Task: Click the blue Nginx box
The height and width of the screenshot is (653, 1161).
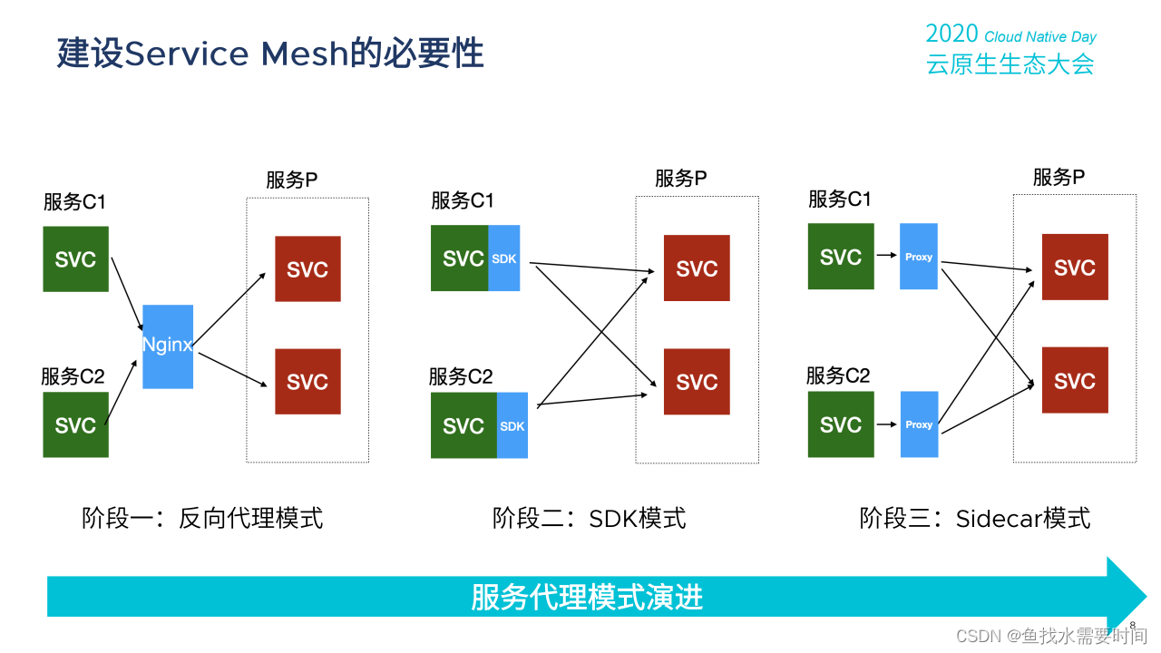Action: (x=168, y=346)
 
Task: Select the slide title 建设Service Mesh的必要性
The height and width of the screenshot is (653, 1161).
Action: (x=269, y=54)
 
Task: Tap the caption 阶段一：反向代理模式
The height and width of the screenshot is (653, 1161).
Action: (x=202, y=518)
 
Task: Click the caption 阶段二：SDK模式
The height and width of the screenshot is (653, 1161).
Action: (x=590, y=518)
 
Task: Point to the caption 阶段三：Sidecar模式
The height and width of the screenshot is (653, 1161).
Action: (x=975, y=518)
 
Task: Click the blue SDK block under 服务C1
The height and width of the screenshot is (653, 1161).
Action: (x=504, y=258)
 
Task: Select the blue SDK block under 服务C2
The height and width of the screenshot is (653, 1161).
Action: (x=512, y=425)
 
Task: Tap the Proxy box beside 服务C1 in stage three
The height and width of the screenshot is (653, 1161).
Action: (x=919, y=257)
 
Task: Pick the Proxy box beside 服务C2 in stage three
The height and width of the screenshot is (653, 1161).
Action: (x=919, y=424)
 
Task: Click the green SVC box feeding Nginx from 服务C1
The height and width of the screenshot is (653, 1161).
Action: (x=75, y=259)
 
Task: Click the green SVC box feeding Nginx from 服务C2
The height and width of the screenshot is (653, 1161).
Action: (x=75, y=424)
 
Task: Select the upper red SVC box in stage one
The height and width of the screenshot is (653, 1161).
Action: (x=307, y=268)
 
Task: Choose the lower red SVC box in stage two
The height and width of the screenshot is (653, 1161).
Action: (x=697, y=382)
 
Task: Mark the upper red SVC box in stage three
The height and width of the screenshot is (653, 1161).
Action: (x=1075, y=268)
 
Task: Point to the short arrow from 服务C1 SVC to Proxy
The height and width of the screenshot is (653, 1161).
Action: (x=886, y=257)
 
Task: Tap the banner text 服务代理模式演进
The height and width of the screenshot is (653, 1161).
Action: (x=587, y=598)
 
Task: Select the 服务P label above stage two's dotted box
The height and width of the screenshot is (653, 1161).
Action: (x=680, y=179)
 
